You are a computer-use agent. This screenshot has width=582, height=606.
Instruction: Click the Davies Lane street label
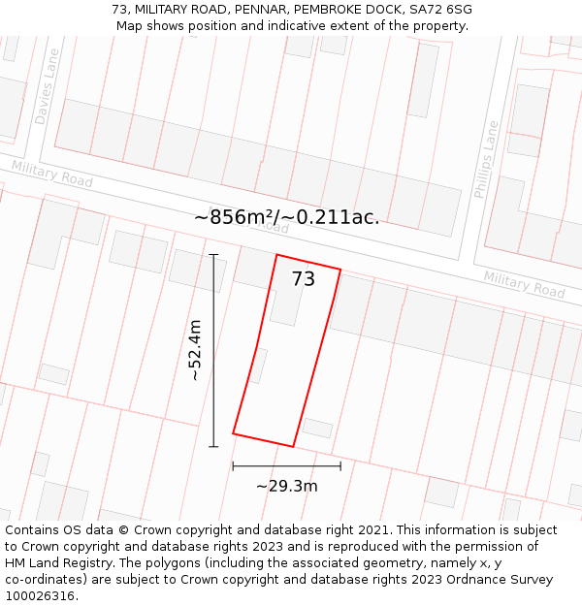47,87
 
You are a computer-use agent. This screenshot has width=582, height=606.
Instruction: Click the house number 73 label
304,279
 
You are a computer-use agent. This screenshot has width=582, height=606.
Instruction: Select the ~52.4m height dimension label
195,350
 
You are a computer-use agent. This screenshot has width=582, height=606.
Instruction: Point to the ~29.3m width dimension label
286,486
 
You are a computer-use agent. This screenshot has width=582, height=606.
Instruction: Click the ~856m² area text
236,217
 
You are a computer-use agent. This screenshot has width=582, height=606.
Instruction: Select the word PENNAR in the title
267,10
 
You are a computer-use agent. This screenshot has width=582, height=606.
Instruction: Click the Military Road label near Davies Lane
52,175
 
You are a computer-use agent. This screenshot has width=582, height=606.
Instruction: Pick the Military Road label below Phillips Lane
524,284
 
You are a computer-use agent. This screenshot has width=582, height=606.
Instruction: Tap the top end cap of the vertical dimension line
213,254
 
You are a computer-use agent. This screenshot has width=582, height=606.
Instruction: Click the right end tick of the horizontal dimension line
340,466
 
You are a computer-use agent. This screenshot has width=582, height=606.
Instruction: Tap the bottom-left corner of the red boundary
234,432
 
